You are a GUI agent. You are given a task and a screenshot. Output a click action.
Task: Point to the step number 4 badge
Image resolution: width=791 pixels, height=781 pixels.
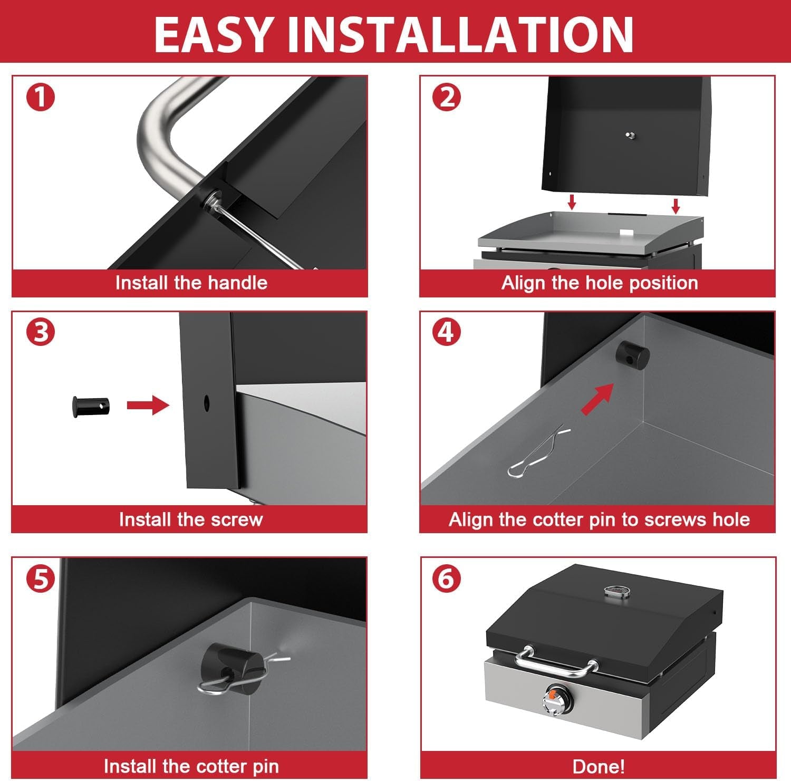[447, 332]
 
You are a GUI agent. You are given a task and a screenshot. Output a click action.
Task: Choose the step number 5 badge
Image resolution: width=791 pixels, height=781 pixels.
[41, 578]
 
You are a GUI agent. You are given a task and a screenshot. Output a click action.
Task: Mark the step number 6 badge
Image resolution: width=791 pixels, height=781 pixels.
[447, 578]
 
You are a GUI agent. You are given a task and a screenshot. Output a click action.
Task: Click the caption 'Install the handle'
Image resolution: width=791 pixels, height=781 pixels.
[191, 283]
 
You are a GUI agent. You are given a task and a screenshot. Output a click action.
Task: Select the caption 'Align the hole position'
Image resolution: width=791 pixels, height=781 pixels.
[600, 283]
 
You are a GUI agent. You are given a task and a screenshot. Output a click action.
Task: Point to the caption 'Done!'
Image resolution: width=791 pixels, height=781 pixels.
[599, 766]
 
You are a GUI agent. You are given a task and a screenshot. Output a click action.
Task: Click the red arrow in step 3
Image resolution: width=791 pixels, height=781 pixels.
[148, 405]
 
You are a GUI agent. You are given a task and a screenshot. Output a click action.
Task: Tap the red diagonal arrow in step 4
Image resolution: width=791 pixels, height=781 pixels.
[598, 399]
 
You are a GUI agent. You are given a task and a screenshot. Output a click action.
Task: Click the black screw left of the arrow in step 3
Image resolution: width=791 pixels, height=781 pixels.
[91, 406]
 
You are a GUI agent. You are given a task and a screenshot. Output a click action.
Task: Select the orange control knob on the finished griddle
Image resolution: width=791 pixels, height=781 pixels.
[553, 698]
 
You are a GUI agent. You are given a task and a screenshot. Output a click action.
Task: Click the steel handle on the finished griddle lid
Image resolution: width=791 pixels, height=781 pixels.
[556, 662]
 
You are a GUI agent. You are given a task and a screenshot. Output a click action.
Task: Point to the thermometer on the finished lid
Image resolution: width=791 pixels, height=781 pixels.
[617, 591]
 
